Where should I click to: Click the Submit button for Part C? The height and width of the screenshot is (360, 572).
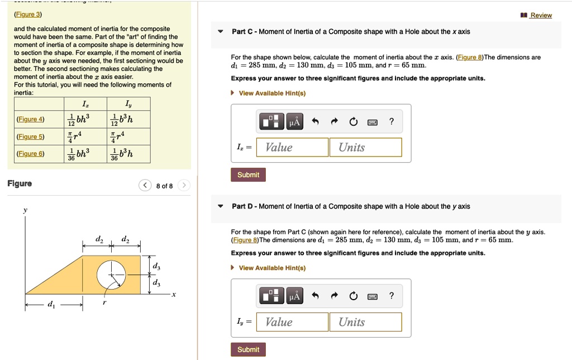(x=248, y=175)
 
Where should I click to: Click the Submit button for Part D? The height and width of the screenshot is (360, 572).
(x=248, y=350)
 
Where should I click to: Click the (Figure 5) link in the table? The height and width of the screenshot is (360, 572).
(x=31, y=136)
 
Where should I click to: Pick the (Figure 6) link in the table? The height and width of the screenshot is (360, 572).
(x=31, y=154)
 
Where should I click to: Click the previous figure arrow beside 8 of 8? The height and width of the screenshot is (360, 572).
(x=145, y=186)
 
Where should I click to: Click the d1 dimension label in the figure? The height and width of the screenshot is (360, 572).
(x=52, y=305)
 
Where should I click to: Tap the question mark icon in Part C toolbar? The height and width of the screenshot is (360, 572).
(x=392, y=121)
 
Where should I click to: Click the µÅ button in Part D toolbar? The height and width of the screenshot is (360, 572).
(x=294, y=296)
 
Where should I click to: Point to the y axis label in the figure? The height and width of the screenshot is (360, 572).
(x=25, y=211)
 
